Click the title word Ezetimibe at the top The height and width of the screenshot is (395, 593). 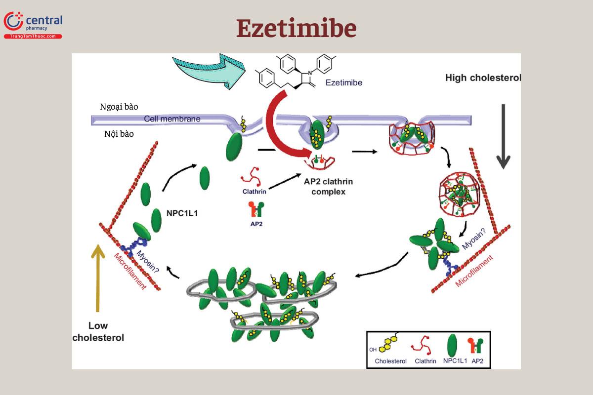pos(296,28)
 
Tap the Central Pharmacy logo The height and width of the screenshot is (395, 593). pos(33,25)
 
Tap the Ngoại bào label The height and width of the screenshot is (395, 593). pos(119,107)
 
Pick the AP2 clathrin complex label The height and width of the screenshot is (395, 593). pos(328,186)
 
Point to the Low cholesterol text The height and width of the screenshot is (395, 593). pos(98,332)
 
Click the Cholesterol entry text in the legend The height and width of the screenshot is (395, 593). pos(390,361)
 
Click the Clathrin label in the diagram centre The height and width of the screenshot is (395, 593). pos(254,191)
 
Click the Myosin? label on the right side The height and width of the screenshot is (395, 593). pos(473,237)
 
